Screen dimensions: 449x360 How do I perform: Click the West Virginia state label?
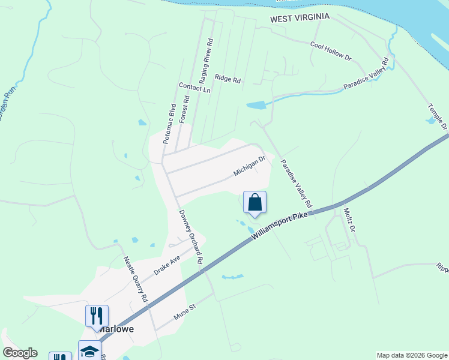[x=300, y=18]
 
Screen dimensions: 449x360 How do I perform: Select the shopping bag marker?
[x=255, y=202]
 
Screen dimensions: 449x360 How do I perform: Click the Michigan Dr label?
[x=249, y=167]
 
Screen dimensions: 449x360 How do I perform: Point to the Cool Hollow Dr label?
[x=330, y=52]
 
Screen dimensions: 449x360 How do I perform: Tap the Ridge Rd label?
[x=228, y=79]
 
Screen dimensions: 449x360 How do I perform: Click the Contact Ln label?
[x=194, y=88]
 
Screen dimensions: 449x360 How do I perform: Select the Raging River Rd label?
[x=206, y=61]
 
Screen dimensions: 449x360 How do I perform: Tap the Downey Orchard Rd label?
[x=190, y=237]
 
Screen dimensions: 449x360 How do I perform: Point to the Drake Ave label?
[x=167, y=264]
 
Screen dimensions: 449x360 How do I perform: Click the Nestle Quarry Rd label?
[x=136, y=278]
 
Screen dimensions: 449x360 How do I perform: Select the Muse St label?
[x=185, y=313]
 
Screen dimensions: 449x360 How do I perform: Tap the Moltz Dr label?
[x=349, y=220]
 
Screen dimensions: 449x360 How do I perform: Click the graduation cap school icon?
[x=89, y=350]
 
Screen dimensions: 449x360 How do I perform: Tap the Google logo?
[x=20, y=353]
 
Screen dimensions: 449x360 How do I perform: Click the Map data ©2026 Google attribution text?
[x=412, y=355]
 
